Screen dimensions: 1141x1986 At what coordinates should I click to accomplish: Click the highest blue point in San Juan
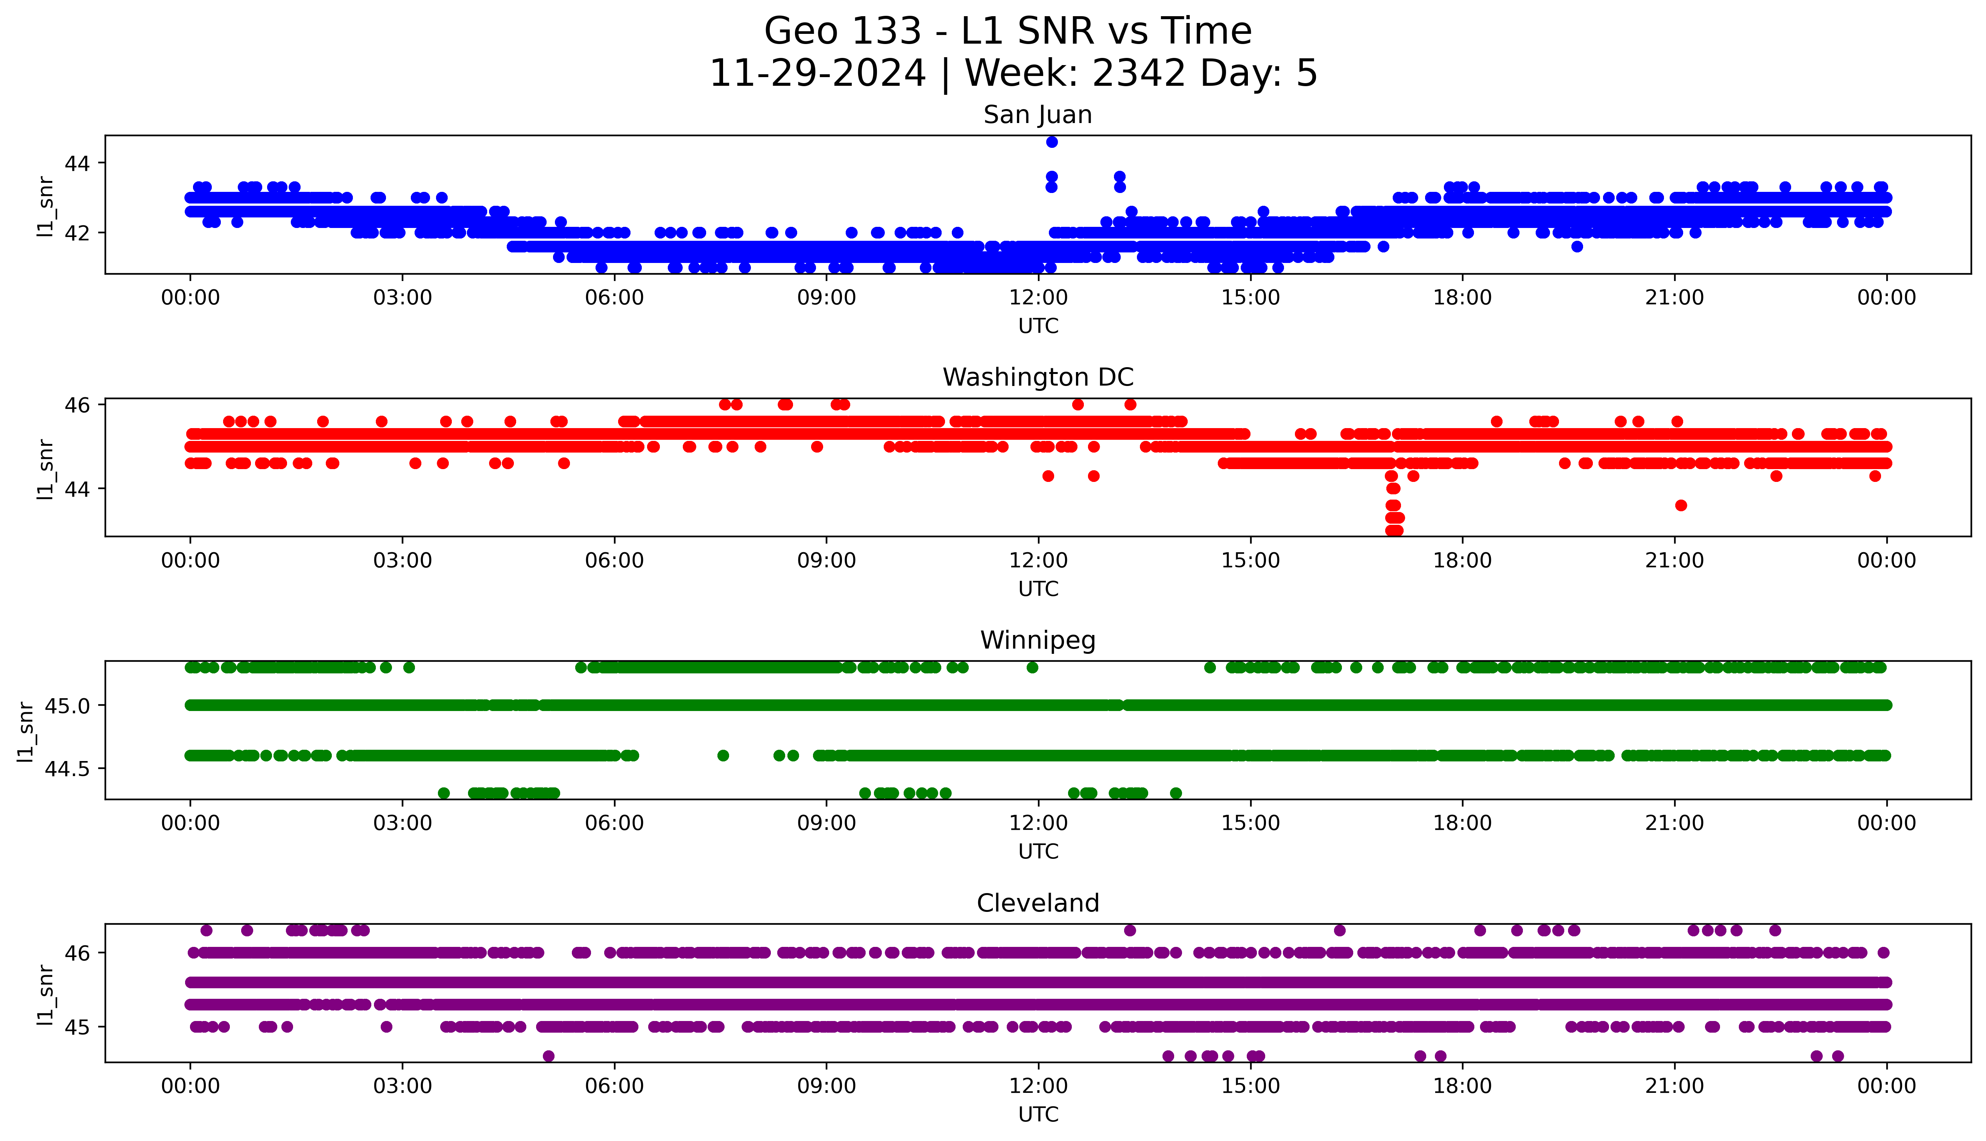pyautogui.click(x=1052, y=142)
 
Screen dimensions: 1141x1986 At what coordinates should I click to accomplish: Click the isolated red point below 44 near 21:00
pyautogui.click(x=1681, y=506)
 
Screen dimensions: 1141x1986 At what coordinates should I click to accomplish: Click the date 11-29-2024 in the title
pyautogui.click(x=817, y=74)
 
